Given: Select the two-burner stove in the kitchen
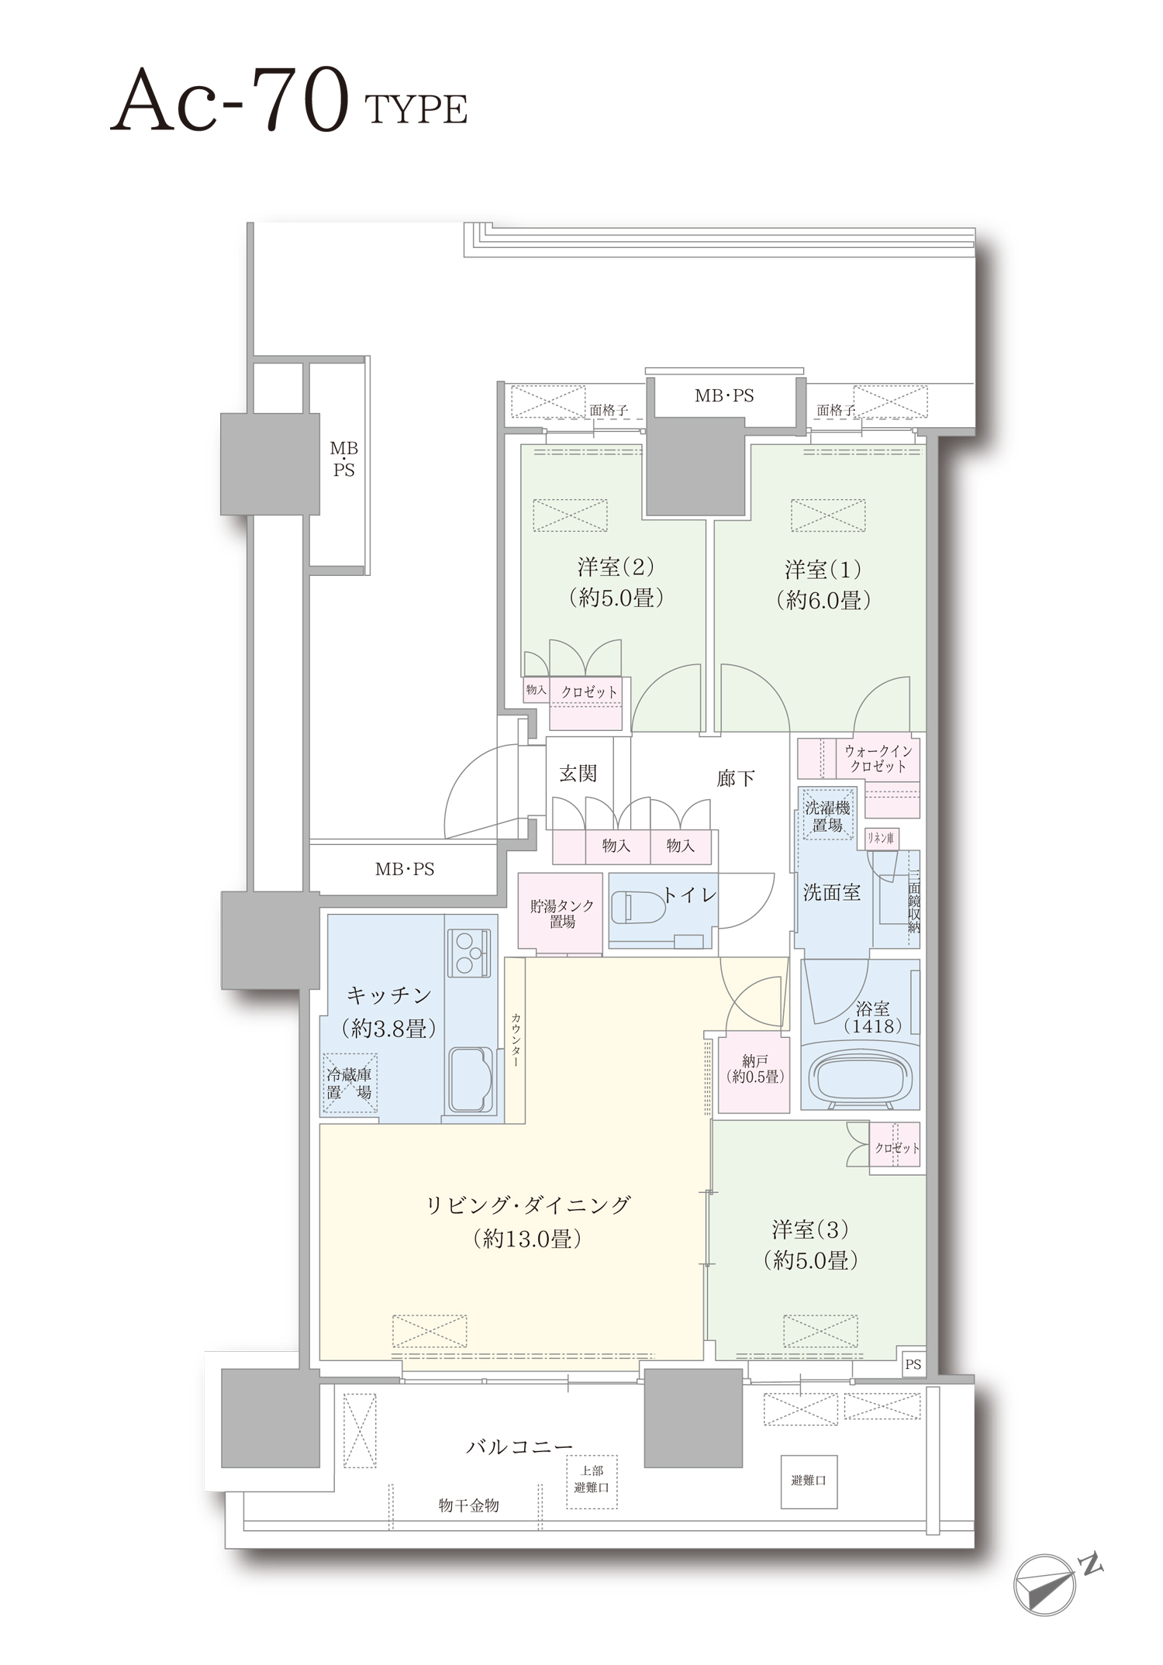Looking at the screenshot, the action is [468, 952].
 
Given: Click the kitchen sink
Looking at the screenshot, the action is [469, 1080].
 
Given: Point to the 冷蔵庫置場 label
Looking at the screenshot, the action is [350, 1084].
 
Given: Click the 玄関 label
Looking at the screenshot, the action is [578, 773].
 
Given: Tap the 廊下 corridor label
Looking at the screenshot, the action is [735, 777].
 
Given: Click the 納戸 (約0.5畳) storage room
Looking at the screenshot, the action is [754, 1074].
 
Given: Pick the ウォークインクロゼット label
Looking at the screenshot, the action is [878, 759].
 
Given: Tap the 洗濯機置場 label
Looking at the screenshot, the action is [827, 817].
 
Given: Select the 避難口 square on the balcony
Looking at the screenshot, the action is [809, 1481].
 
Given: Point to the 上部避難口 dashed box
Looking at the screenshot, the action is [592, 1480].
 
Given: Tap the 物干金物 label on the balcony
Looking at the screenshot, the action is [469, 1505].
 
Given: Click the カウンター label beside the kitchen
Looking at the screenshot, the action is [516, 1040].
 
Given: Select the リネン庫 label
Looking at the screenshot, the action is [881, 838].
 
